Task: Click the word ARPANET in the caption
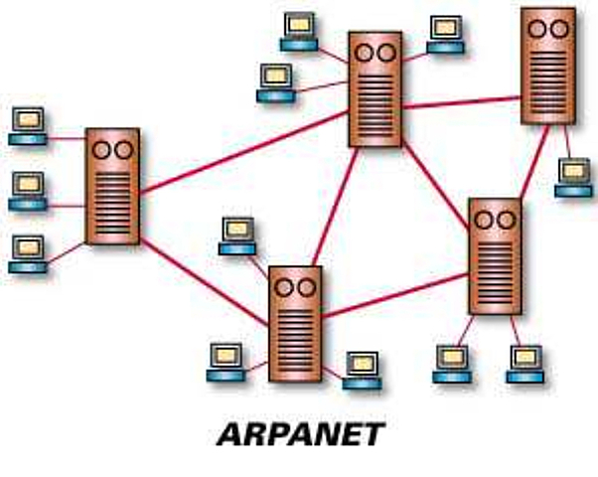299,434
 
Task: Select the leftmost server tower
111,186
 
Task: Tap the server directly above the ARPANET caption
295,322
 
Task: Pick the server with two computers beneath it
494,256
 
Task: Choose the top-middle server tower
374,88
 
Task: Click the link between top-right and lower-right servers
532,161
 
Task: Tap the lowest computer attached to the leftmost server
28,253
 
